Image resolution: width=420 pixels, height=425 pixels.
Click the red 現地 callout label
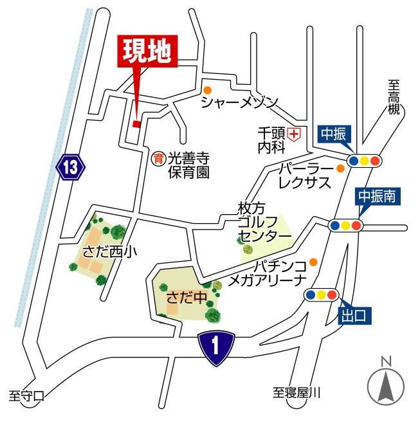click(147, 53)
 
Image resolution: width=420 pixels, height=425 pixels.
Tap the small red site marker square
click(136, 123)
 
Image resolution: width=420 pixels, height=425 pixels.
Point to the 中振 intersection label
click(334, 134)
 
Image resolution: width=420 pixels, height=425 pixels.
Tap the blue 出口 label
click(354, 315)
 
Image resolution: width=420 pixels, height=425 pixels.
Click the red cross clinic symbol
click(295, 134)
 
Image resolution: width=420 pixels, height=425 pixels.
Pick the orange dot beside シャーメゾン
click(207, 91)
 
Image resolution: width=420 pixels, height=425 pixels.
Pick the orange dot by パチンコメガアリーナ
click(313, 262)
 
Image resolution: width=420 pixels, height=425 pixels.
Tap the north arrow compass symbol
click(387, 384)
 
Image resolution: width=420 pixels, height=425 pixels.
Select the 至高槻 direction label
click(394, 96)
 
